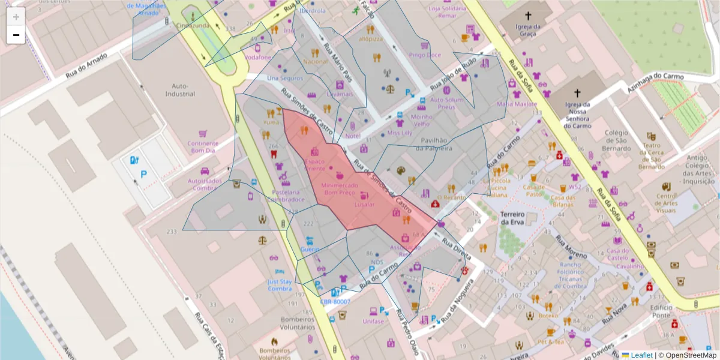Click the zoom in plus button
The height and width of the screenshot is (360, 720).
point(16,17)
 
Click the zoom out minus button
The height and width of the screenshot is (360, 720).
point(16,35)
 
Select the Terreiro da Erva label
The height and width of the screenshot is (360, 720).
point(512,218)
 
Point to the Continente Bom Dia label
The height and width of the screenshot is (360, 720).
point(201,147)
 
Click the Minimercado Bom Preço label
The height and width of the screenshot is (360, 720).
point(339,190)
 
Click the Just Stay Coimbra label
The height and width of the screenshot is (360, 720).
point(279,284)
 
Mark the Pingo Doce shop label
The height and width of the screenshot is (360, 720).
point(425,55)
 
